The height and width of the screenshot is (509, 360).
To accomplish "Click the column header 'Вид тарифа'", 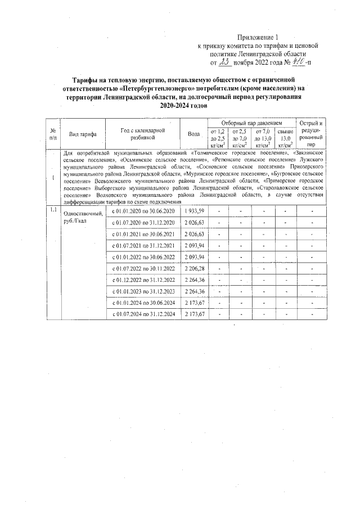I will [83, 134].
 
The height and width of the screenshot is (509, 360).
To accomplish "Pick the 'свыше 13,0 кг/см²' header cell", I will [286, 138].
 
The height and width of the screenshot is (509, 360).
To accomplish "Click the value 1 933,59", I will [194, 211].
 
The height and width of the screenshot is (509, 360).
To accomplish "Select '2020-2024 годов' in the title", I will [180, 105].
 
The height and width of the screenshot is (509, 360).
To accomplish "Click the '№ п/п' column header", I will [53, 134].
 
